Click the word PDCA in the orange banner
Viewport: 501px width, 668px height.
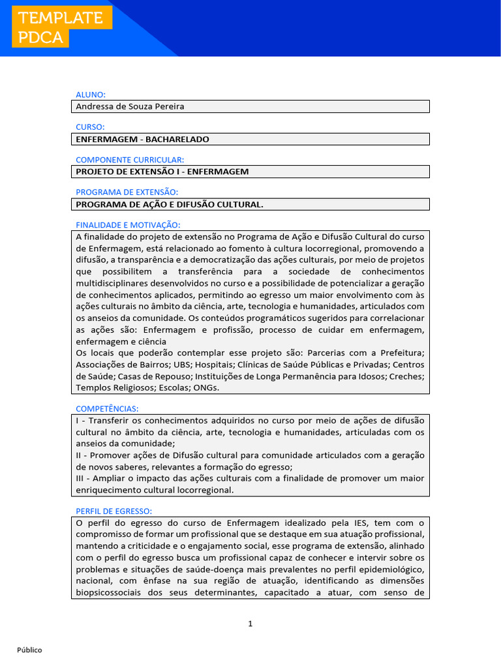pos(41,38)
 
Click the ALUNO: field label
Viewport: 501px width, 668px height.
pos(91,95)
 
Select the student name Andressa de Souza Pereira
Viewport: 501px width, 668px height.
pos(130,106)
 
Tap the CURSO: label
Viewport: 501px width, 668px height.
pos(90,127)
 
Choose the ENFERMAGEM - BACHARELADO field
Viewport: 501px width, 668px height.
pos(143,139)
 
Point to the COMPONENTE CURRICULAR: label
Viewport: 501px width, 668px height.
pos(130,160)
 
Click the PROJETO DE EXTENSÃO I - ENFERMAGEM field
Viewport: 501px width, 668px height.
pos(162,172)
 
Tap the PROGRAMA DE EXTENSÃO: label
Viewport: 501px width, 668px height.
pos(127,192)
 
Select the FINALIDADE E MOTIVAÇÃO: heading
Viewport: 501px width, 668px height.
pos(128,224)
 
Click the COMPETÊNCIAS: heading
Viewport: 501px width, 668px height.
pos(107,408)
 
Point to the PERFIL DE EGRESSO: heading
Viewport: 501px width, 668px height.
pos(114,511)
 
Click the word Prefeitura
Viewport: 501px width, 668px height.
pos(401,353)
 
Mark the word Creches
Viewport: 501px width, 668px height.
pos(407,376)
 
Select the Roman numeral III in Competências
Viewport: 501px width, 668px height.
pos(82,478)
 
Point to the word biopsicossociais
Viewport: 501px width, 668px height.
pos(112,593)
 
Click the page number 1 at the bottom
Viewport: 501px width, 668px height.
pos(250,624)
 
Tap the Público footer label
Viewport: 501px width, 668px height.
pos(29,650)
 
